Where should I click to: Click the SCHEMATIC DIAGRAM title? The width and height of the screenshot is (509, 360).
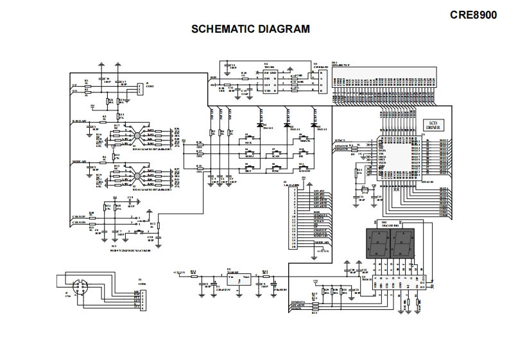click(x=251, y=29)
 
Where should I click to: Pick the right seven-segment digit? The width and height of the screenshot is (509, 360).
click(x=403, y=243)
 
